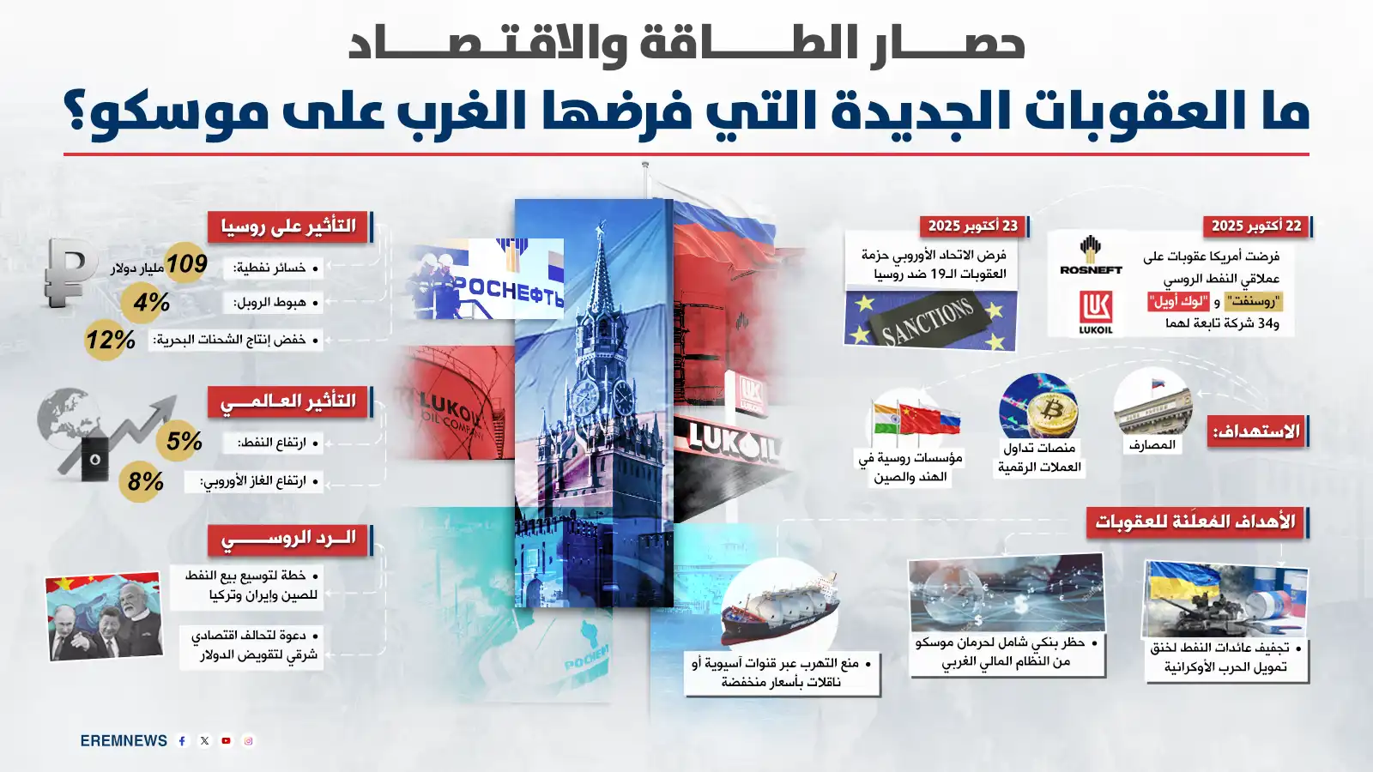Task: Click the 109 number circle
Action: point(186,264)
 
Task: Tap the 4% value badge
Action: point(151,302)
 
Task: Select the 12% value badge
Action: point(110,340)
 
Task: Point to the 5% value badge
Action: point(183,441)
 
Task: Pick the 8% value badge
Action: point(144,481)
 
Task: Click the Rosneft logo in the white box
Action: point(1091,256)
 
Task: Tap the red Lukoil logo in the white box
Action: point(1096,311)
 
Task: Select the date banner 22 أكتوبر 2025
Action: point(1255,226)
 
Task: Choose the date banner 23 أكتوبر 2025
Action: point(972,226)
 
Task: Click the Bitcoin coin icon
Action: point(1052,411)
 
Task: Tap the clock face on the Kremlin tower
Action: point(585,397)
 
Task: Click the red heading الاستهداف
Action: point(1256,431)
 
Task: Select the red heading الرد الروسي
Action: point(288,539)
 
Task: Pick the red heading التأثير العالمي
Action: point(288,401)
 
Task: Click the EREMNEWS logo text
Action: point(124,741)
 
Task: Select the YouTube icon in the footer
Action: point(227,741)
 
